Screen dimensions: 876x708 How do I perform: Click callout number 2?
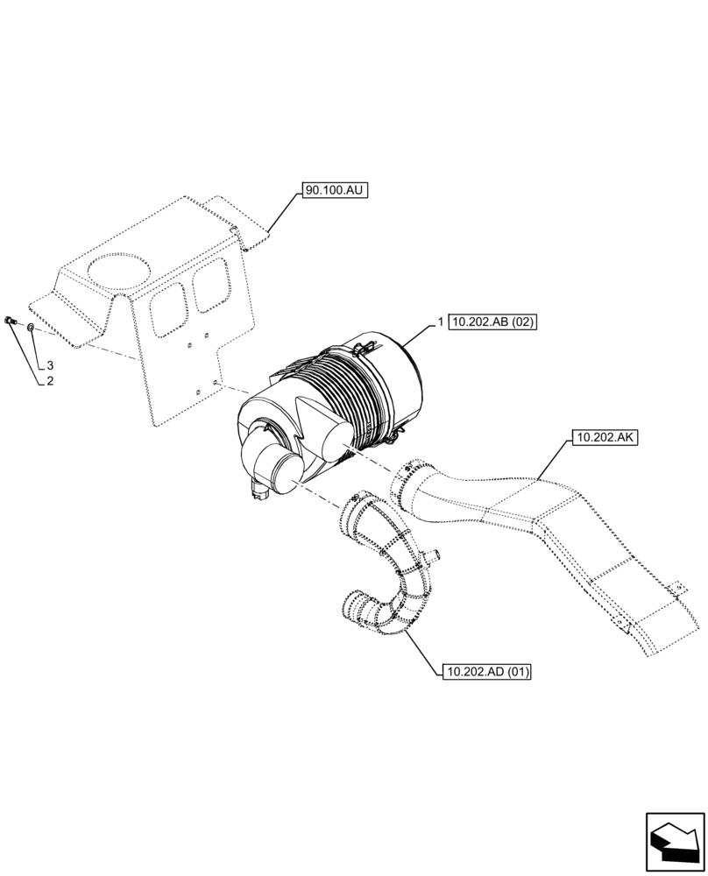click(x=51, y=381)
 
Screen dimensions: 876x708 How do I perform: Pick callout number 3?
click(x=51, y=364)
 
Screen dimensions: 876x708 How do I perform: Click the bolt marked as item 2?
click(x=10, y=321)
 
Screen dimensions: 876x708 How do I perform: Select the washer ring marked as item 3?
click(x=31, y=328)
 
